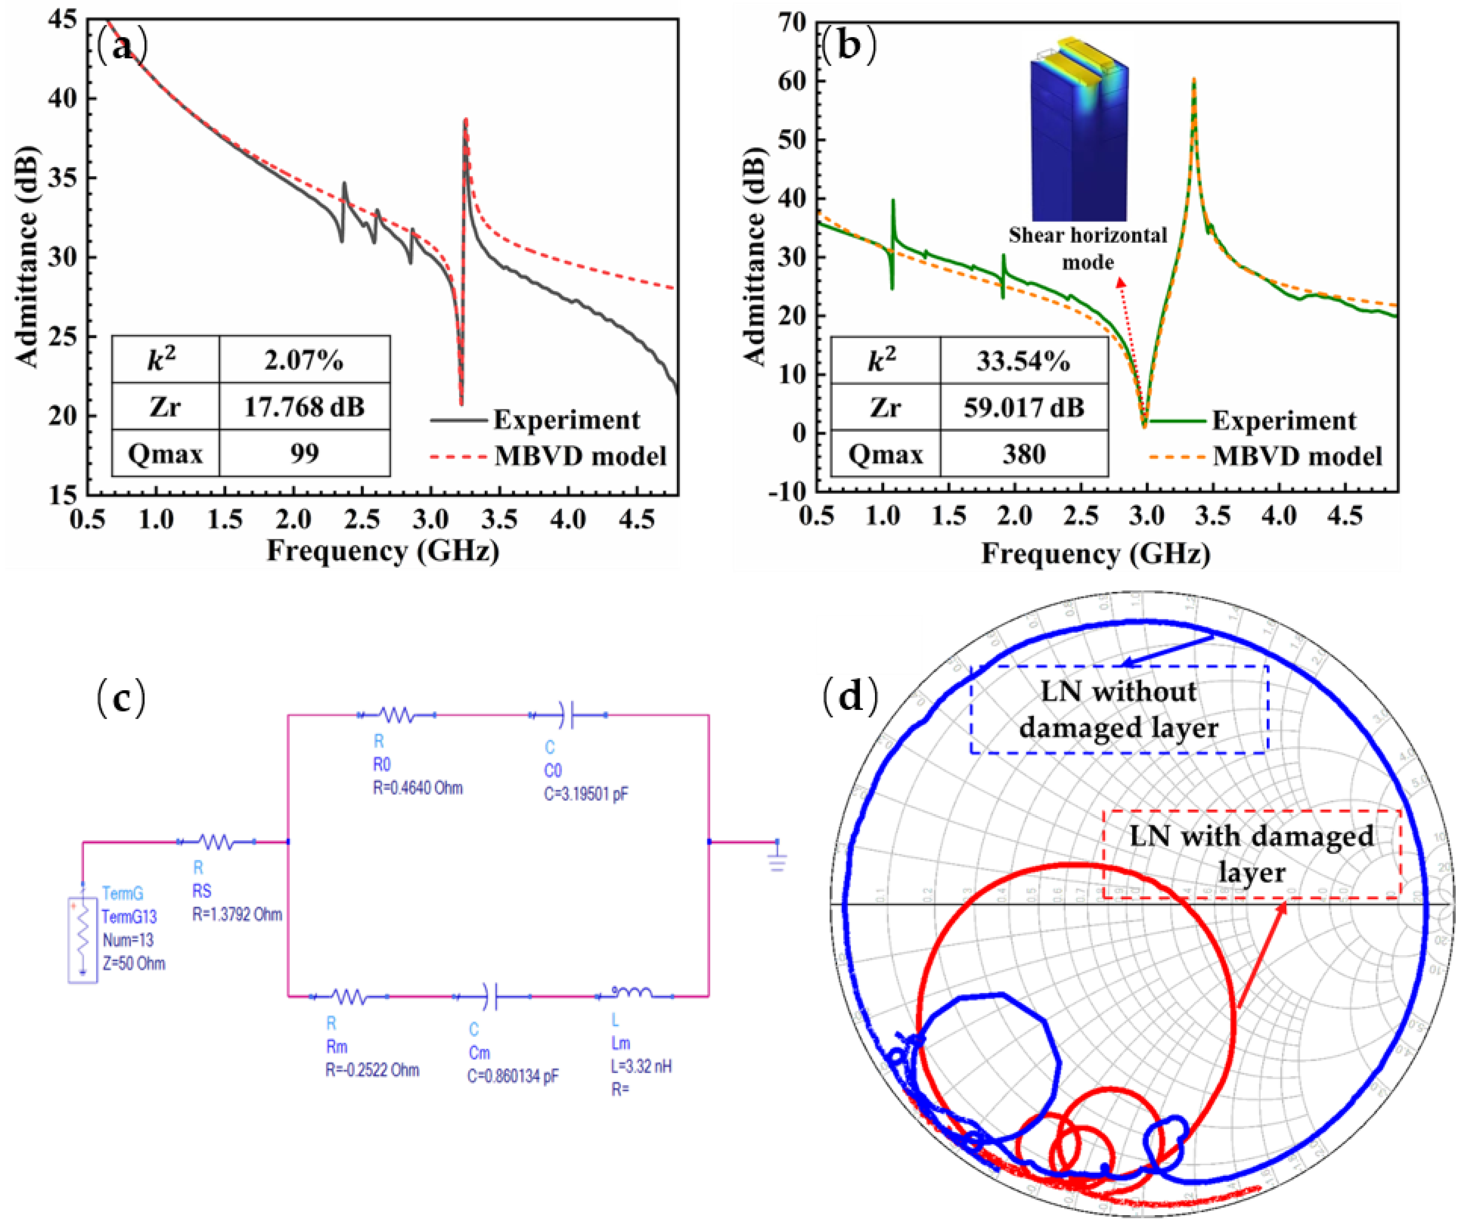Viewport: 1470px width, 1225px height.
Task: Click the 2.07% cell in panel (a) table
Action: coord(304,360)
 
